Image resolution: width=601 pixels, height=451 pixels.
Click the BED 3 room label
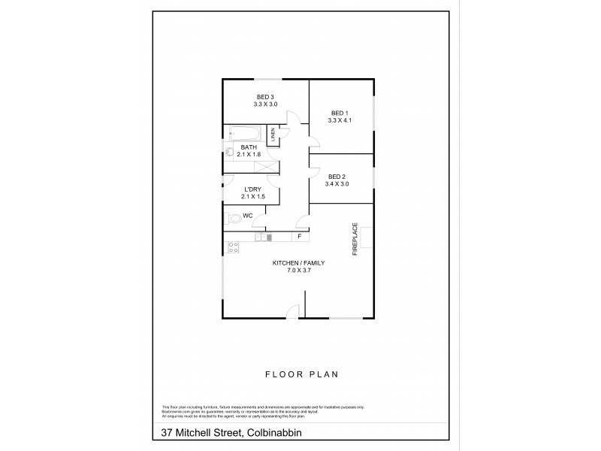pyautogui.click(x=265, y=96)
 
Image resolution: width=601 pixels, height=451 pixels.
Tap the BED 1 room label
pyautogui.click(x=340, y=112)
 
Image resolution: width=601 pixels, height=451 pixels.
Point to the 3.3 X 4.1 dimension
pyautogui.click(x=340, y=120)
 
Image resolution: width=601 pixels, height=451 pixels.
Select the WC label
pyautogui.click(x=246, y=215)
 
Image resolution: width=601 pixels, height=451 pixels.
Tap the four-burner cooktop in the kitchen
pyautogui.click(x=233, y=245)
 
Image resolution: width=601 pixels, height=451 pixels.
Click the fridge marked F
pyautogui.click(x=299, y=238)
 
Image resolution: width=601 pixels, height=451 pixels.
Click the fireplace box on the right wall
pyautogui.click(x=366, y=238)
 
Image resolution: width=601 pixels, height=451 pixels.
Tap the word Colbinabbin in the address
pyautogui.click(x=274, y=433)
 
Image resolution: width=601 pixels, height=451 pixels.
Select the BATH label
pyautogui.click(x=248, y=147)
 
